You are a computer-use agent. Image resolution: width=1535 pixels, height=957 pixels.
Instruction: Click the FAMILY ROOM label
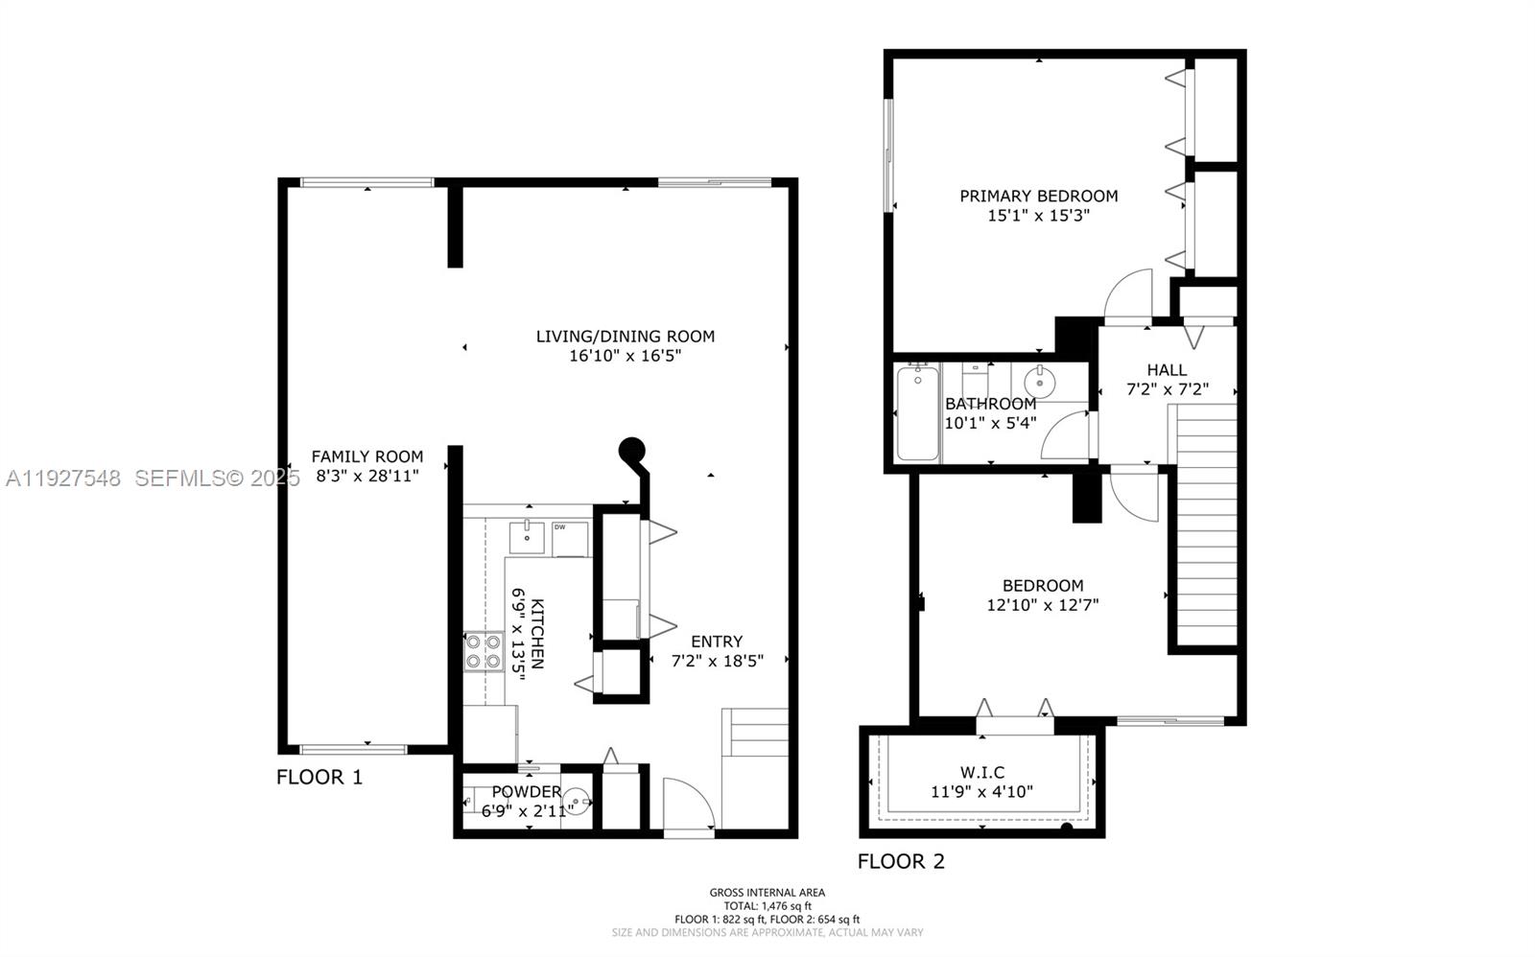point(366,456)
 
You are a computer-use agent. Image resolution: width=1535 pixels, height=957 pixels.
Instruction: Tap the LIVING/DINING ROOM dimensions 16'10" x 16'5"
point(626,356)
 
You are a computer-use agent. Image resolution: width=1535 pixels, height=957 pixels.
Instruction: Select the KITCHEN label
point(538,634)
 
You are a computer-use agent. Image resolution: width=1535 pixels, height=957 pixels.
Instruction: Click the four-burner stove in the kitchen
point(484,651)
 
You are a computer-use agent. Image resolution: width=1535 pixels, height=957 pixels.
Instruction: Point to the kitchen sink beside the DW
point(526,537)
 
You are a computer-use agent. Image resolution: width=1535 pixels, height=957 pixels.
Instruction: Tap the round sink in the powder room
point(576,798)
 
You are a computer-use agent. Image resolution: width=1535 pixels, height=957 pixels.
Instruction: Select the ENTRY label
point(717,642)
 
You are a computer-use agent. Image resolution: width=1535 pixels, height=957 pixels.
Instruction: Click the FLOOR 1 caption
point(319,777)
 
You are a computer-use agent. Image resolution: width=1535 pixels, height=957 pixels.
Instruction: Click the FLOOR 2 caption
point(901,861)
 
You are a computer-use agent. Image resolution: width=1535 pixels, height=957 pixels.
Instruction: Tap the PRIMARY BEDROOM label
point(1038,196)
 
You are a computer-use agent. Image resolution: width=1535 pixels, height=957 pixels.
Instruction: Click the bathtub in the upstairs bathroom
point(917,413)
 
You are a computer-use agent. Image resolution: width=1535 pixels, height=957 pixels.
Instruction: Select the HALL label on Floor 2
point(1167,369)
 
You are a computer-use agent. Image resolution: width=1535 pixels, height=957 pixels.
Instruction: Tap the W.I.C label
point(981,772)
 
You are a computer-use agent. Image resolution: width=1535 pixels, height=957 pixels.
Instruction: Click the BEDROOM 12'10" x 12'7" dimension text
point(1042,605)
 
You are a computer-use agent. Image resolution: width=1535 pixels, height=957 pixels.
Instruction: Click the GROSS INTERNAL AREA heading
point(767,892)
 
